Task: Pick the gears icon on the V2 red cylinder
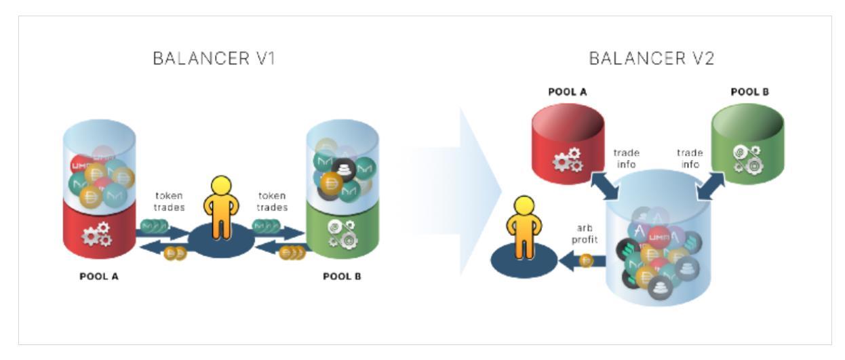pos(568,161)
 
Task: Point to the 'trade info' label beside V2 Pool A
pos(627,158)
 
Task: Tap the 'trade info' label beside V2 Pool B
pos(690,158)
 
